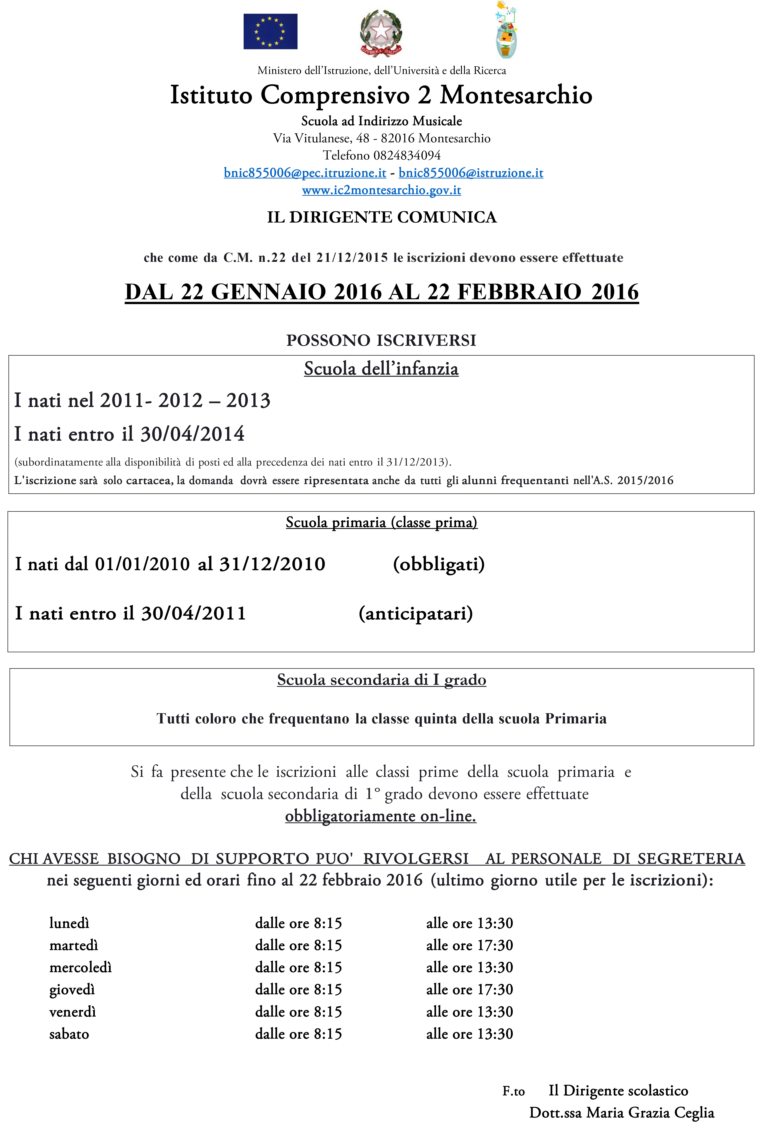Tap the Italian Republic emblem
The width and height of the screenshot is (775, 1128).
(381, 33)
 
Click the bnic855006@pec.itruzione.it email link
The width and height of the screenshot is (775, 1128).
(305, 173)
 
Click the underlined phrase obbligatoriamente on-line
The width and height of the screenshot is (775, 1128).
(381, 816)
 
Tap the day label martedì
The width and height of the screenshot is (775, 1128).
(74, 945)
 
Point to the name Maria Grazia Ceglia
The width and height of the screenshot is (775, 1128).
(650, 1112)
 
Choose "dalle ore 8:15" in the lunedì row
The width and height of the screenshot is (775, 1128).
(299, 923)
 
